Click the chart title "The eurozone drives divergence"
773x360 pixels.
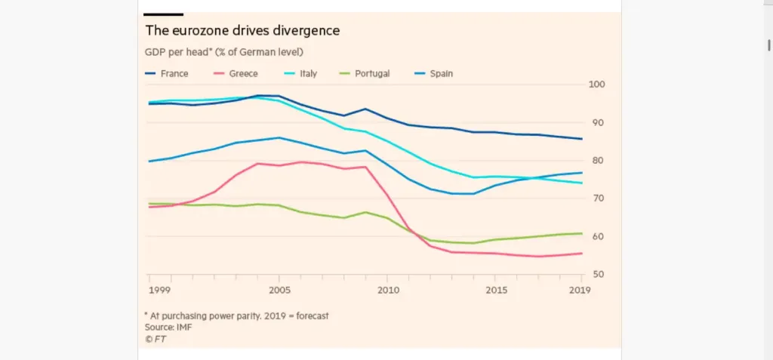(x=242, y=31)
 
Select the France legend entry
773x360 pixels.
(x=174, y=74)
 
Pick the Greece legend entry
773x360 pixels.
(x=244, y=74)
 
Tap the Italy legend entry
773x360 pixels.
(x=307, y=74)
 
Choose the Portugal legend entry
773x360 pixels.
(x=372, y=74)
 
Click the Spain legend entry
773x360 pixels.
(x=441, y=74)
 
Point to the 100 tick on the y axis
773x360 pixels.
(x=595, y=85)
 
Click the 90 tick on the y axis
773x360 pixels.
(x=595, y=122)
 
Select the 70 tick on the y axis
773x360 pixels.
(x=595, y=198)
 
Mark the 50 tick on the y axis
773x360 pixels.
(x=595, y=275)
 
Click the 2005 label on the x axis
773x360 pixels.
(x=280, y=290)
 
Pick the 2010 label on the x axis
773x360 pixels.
(x=387, y=290)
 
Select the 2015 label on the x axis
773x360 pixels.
(x=495, y=290)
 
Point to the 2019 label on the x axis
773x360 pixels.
(x=581, y=290)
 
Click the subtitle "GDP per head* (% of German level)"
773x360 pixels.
(x=224, y=52)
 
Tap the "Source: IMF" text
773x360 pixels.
(x=168, y=328)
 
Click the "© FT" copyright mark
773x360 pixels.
(x=156, y=339)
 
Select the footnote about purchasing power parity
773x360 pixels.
(x=236, y=316)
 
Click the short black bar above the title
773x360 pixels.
(x=164, y=14)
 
